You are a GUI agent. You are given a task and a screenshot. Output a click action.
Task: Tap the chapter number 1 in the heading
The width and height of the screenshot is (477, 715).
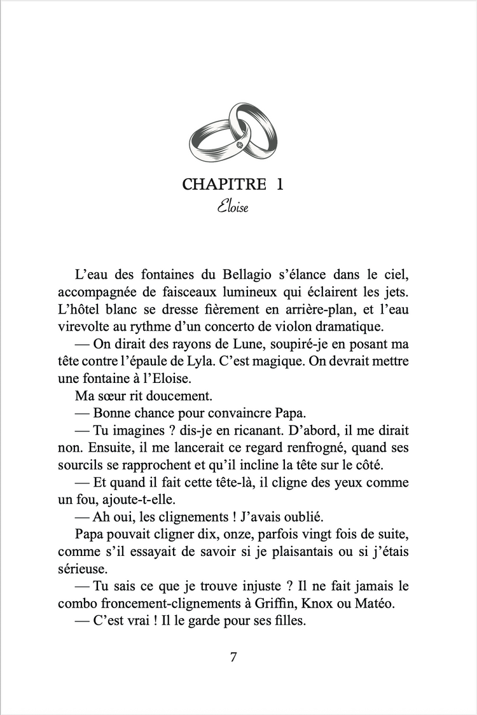[x=279, y=184]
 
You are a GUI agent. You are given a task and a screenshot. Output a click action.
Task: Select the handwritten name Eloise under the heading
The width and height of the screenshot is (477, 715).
[x=233, y=208]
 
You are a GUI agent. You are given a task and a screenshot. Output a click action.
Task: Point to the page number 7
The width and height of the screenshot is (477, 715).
[x=233, y=657]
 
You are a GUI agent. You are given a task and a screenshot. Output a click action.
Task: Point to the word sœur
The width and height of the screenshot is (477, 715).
[x=110, y=395]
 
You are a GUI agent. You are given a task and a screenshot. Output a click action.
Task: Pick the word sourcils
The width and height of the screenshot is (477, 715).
[x=79, y=464]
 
